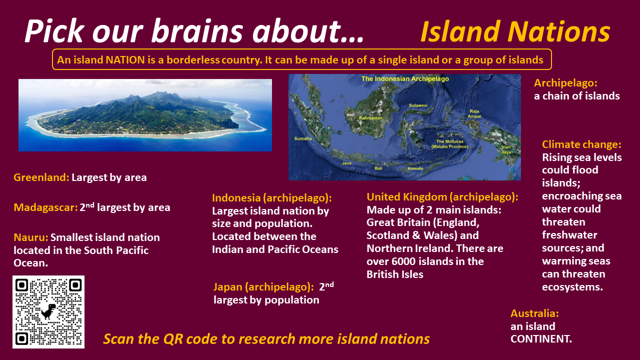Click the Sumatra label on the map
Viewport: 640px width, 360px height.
(x=303, y=138)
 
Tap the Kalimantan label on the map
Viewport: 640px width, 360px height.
(x=370, y=118)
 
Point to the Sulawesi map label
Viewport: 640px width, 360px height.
(x=418, y=105)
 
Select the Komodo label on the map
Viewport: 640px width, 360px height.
(x=415, y=168)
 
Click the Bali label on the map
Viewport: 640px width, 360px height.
(x=378, y=168)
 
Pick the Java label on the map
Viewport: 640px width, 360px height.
(x=346, y=163)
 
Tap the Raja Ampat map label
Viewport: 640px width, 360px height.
(x=474, y=113)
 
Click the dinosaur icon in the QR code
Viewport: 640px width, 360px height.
(x=48, y=311)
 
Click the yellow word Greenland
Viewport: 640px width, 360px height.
(x=41, y=177)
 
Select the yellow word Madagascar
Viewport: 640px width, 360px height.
(x=45, y=207)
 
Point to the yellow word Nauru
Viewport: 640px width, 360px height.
(x=31, y=237)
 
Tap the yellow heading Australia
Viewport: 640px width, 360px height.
(x=534, y=313)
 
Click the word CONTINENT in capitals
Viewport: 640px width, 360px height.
(x=541, y=339)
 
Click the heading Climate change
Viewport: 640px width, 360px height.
(x=581, y=144)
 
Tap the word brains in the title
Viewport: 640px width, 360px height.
(x=197, y=31)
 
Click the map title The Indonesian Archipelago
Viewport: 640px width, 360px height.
(x=405, y=79)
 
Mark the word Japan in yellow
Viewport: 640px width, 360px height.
(x=227, y=287)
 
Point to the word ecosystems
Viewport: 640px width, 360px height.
(x=572, y=287)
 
